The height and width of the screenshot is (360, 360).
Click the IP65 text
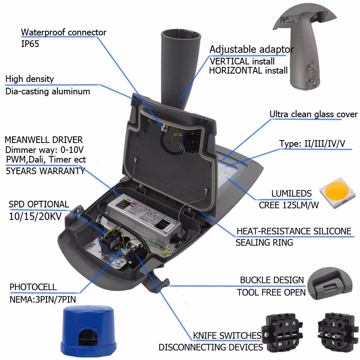pyautogui.click(x=30, y=44)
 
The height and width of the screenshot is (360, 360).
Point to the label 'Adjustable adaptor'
pyautogui.click(x=252, y=49)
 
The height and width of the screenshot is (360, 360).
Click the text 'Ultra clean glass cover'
pyautogui.click(x=313, y=114)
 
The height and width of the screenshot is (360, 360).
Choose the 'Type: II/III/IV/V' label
pyautogui.click(x=313, y=144)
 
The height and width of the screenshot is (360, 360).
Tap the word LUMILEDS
pyautogui.click(x=291, y=193)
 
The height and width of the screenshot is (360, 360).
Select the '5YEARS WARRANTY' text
pyautogui.click(x=45, y=170)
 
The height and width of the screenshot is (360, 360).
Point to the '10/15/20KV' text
pyautogui.click(x=37, y=216)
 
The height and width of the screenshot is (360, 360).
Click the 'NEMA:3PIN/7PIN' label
pyautogui.click(x=43, y=299)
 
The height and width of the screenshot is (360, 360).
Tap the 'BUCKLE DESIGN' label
pyautogui.click(x=272, y=280)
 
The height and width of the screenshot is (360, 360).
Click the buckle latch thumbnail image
pyautogui.click(x=330, y=283)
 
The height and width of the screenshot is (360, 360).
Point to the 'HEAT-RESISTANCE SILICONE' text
pyautogui.click(x=294, y=231)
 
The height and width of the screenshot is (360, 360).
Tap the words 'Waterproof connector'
pyautogui.click(x=64, y=32)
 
